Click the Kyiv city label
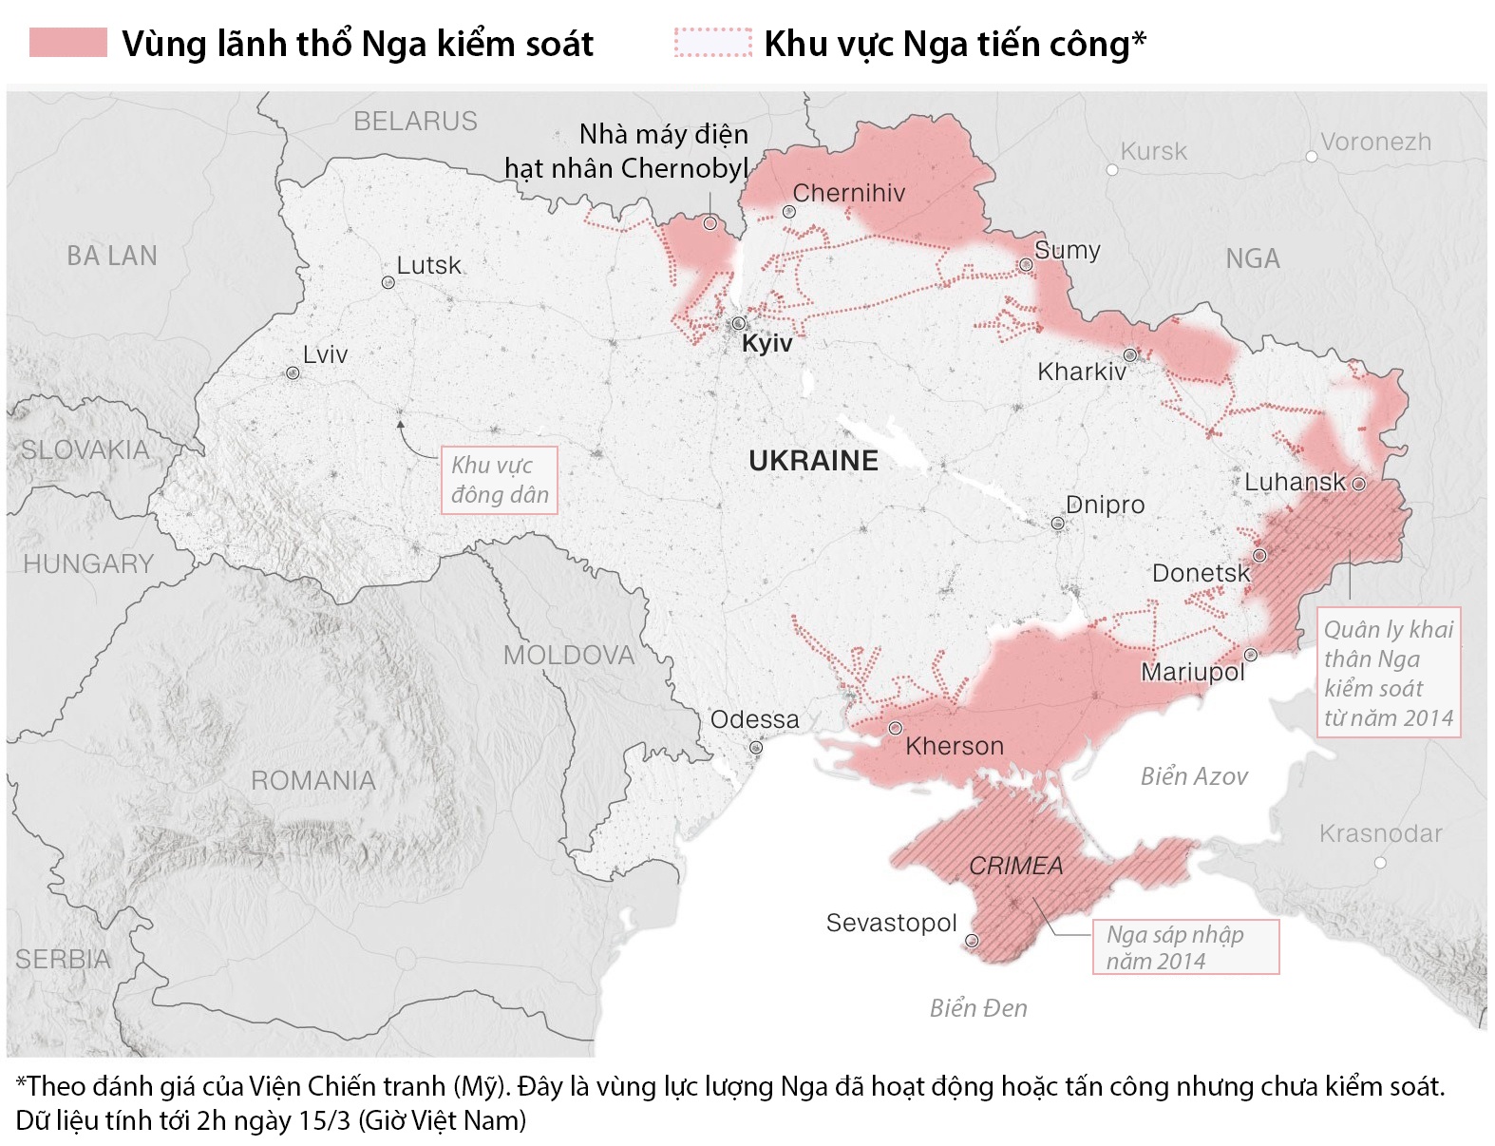point(766,343)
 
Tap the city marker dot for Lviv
point(293,373)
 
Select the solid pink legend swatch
point(67,43)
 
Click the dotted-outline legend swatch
point(712,43)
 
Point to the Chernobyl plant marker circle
point(710,223)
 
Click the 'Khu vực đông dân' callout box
point(500,480)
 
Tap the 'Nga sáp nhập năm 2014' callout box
point(1184,946)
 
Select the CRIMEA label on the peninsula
point(1015,866)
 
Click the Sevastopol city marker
point(972,941)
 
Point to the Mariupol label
point(1192,672)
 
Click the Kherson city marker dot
point(896,728)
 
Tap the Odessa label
point(755,719)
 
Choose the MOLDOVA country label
point(568,655)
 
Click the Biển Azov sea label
point(1194,776)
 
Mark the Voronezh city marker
point(1312,157)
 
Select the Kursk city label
point(1153,151)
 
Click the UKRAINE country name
point(813,461)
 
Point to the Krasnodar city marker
point(1380,863)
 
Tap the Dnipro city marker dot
point(1057,524)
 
